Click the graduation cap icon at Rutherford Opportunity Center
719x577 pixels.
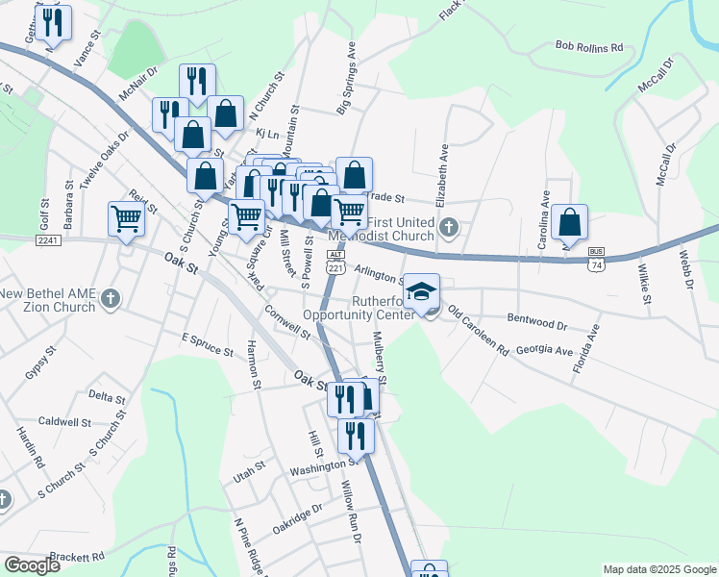[x=421, y=290]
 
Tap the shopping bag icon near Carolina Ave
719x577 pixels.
[x=570, y=222]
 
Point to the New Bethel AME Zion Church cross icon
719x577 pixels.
[x=111, y=299]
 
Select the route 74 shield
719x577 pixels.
[x=597, y=263]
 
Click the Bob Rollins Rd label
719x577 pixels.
[x=589, y=45]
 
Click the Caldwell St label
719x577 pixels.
[x=64, y=421]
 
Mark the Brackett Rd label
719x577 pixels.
[x=77, y=557]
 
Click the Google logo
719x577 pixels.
[x=32, y=565]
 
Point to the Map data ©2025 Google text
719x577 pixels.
[x=658, y=569]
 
